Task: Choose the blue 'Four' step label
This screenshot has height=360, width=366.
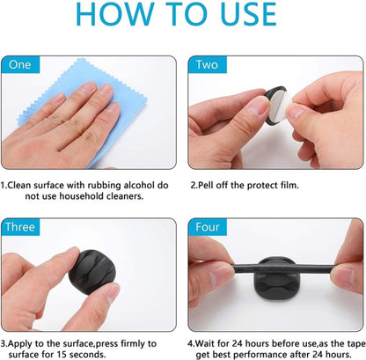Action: (x=209, y=226)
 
